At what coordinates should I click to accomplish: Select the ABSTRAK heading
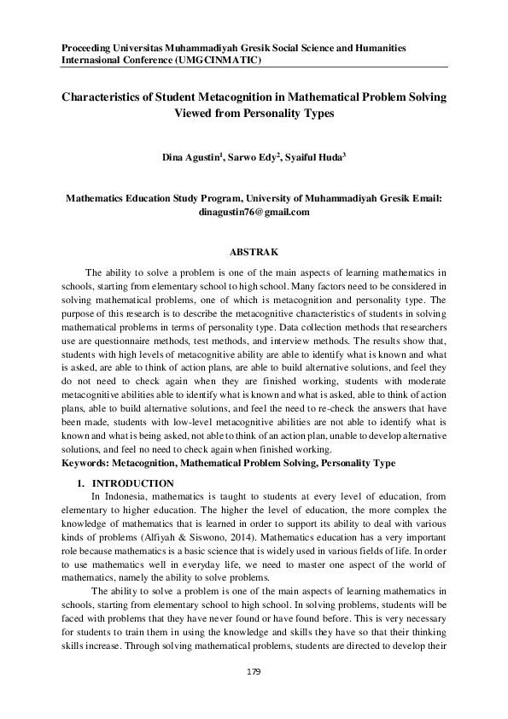click(254, 252)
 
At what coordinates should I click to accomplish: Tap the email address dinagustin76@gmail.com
click(254, 211)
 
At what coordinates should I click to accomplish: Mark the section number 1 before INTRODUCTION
click(80, 483)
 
